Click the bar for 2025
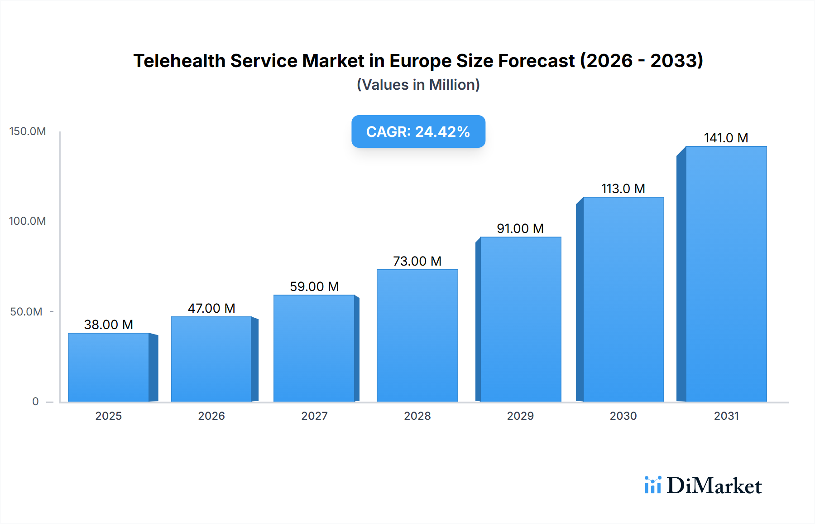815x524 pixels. tap(109, 367)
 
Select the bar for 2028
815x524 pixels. tap(417, 335)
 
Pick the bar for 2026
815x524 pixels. tap(211, 359)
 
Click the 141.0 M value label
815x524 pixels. tap(726, 138)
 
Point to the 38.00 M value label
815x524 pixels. tap(109, 325)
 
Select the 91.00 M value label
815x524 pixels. tap(520, 228)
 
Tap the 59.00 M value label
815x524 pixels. tap(314, 286)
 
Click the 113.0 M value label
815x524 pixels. tap(623, 189)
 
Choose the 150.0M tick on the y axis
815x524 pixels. tap(28, 131)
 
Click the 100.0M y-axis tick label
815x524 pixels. tap(28, 221)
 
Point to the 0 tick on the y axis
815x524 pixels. tap(35, 402)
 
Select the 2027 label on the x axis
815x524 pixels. tap(314, 416)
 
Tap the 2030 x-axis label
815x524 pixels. tap(623, 416)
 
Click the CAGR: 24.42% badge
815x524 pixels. tap(418, 131)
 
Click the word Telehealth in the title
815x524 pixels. tap(179, 61)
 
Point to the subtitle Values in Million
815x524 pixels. tap(418, 85)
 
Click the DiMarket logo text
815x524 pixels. tap(714, 486)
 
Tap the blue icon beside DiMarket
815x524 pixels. tap(652, 485)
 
